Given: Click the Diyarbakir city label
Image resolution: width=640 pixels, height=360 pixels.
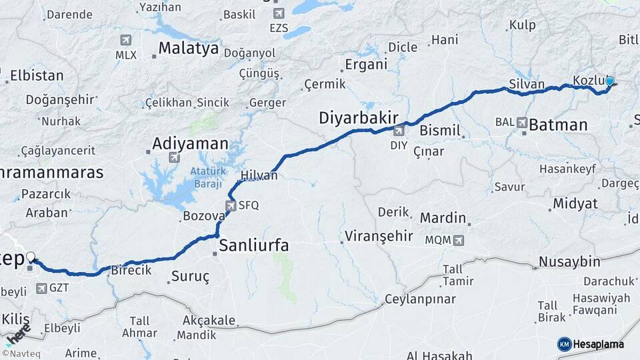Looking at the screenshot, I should [358, 118].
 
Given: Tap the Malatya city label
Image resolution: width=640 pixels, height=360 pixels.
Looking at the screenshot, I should [189, 48].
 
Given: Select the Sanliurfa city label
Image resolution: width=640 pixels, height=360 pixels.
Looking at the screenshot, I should [254, 245].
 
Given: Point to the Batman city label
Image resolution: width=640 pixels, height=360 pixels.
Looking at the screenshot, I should [558, 125].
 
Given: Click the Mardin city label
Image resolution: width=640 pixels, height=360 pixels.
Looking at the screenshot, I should [443, 218].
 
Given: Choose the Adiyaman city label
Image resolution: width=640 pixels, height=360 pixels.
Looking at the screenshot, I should [190, 143].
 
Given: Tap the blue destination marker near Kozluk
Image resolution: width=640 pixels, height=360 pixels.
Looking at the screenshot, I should [609, 82].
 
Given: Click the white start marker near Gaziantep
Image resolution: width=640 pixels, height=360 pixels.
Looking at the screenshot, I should [31, 257].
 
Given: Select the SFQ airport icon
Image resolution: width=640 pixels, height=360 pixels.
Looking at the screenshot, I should [231, 206].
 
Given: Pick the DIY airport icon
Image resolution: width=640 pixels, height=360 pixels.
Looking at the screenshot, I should [399, 131].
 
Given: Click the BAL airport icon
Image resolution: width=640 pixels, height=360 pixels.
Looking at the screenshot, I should [521, 123].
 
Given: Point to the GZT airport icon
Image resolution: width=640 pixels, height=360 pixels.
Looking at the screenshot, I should [41, 288].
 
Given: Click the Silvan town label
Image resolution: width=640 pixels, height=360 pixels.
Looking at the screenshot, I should [527, 85].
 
